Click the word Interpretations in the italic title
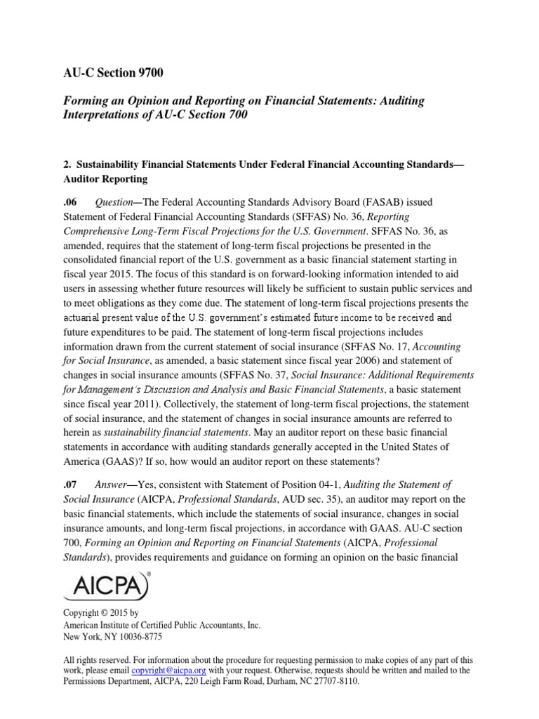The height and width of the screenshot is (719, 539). (x=103, y=115)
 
